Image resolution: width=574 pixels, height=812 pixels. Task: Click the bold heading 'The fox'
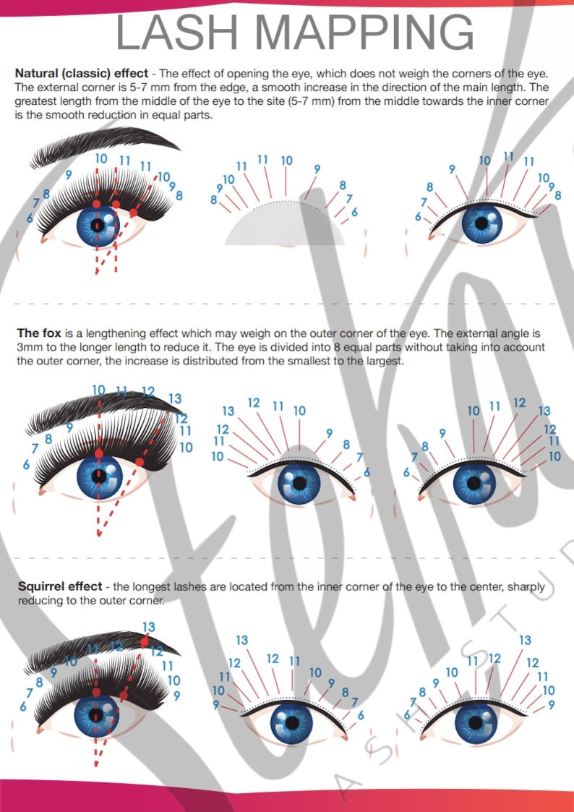coord(38,333)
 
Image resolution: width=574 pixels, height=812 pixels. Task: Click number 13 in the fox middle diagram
coord(228,411)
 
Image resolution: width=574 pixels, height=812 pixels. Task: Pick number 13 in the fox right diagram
coord(544,411)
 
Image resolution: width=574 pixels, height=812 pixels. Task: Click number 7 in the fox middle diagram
coord(359,457)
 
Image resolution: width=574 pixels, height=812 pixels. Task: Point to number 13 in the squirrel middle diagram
coord(242,640)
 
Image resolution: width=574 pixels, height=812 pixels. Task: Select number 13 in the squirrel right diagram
coord(525,640)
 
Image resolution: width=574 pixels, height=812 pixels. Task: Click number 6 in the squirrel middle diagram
coord(361,715)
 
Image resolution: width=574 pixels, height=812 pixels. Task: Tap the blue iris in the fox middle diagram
coord(299,483)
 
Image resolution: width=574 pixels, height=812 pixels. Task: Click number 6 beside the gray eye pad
coord(354,212)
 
